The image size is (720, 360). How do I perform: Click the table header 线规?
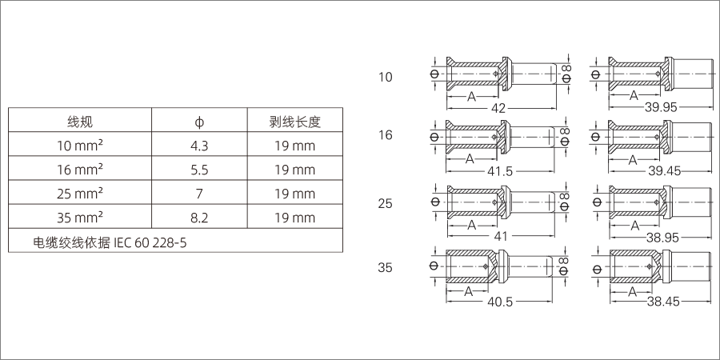click(79, 122)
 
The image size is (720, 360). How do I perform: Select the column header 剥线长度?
click(294, 122)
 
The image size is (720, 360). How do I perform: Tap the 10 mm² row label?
click(79, 146)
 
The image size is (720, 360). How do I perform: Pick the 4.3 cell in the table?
click(199, 146)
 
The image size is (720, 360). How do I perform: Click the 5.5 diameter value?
click(199, 170)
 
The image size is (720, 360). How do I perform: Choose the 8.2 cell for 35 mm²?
click(199, 218)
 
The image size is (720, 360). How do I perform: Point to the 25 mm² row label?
click(79, 194)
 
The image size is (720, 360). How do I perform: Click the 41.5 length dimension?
click(499, 171)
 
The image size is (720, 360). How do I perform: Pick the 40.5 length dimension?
click(499, 302)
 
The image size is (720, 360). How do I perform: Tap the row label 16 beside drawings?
click(386, 134)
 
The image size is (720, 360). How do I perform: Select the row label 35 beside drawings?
click(386, 268)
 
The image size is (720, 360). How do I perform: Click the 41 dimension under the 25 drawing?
click(500, 238)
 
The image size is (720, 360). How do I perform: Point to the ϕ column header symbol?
click(199, 122)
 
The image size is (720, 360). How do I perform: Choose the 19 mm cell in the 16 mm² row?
click(294, 170)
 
